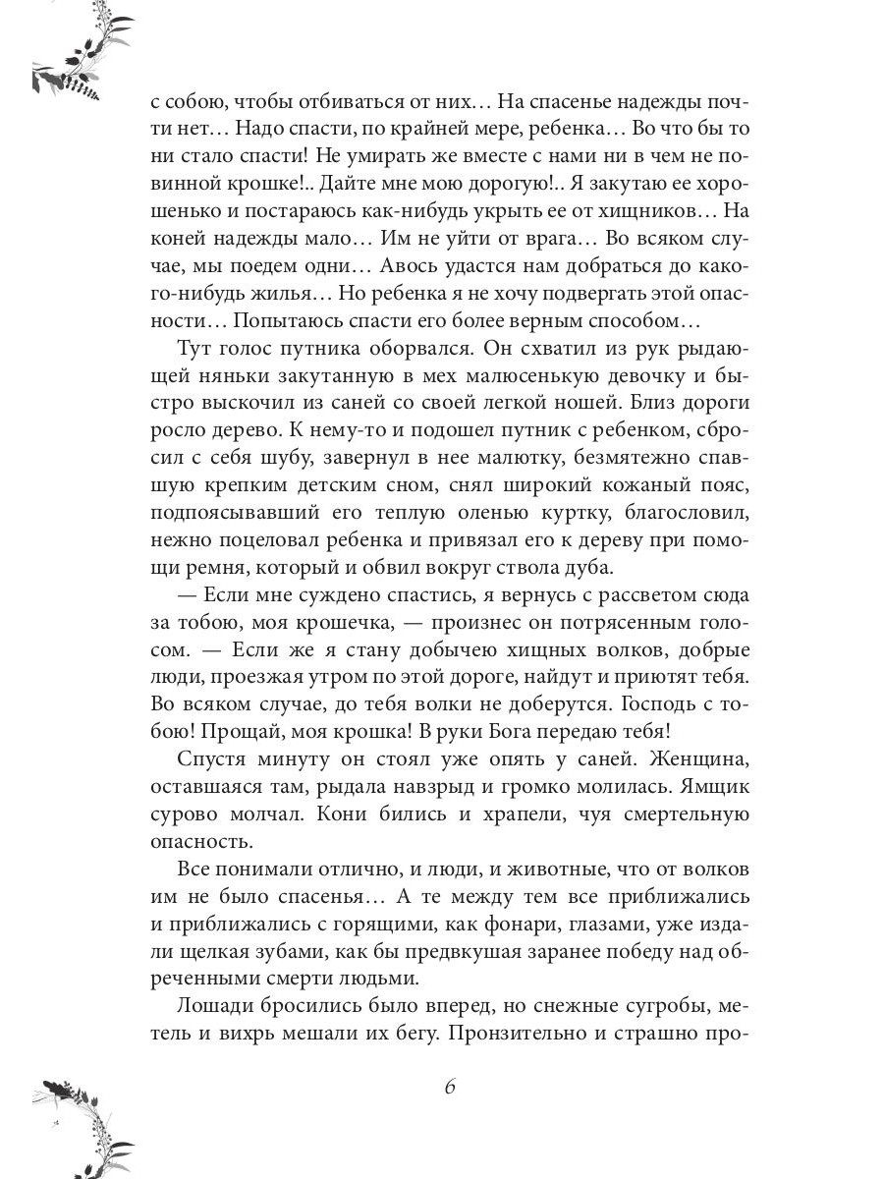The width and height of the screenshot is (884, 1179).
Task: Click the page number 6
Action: click(450, 1087)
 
